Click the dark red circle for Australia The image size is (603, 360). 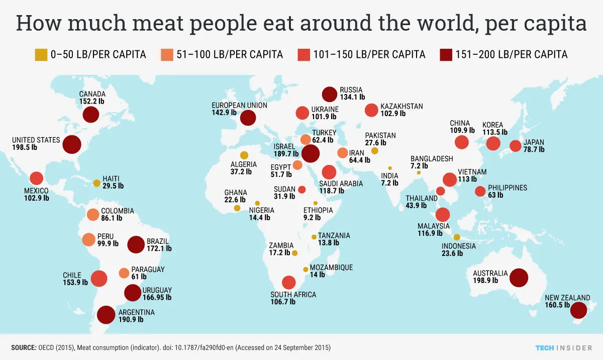(x=519, y=278)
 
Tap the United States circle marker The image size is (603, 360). (x=72, y=145)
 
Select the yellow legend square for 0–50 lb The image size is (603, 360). (x=41, y=54)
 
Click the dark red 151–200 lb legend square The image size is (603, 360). (x=445, y=54)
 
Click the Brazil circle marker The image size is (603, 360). (x=136, y=245)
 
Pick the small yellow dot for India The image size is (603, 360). (x=389, y=168)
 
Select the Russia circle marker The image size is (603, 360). (x=329, y=94)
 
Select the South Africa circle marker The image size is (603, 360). (x=288, y=283)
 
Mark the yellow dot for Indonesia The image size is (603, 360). (x=457, y=237)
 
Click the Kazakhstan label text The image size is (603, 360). (x=401, y=107)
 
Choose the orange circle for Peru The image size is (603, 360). (x=88, y=239)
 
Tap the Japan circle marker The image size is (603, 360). (x=515, y=146)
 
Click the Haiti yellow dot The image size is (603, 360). (x=96, y=183)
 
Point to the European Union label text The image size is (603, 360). (x=235, y=105)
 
